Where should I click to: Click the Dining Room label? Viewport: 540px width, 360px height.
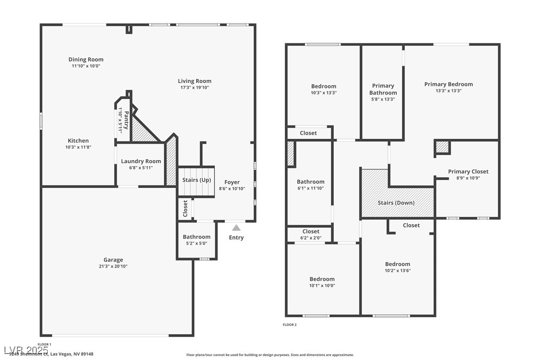point(86,60)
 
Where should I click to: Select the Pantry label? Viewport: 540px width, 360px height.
point(126,119)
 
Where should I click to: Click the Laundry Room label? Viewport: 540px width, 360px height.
point(141,161)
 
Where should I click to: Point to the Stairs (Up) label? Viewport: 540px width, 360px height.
point(197,180)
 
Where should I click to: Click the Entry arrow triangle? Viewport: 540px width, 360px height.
point(236,228)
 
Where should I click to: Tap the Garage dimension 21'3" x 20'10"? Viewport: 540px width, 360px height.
point(113,266)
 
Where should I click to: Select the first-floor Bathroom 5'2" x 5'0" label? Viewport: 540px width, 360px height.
point(196,237)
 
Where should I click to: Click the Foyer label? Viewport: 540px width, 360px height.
point(232,182)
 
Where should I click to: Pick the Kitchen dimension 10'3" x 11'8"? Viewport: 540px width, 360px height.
point(79,147)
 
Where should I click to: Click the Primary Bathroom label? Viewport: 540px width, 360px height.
point(383,89)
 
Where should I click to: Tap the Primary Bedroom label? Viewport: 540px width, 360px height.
point(449,84)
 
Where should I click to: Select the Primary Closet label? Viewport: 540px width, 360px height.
point(468,172)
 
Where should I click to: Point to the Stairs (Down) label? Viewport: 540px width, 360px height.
point(396,202)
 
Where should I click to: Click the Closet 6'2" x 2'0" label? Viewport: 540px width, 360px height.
point(311,231)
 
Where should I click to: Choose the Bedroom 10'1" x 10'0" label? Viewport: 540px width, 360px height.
point(322,279)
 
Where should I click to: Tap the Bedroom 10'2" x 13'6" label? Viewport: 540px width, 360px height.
point(398,264)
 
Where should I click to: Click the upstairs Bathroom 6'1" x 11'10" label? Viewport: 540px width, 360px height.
point(311,181)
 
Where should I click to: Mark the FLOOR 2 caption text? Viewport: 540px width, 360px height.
point(289,325)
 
